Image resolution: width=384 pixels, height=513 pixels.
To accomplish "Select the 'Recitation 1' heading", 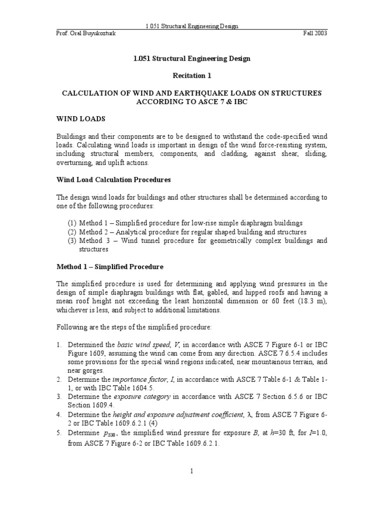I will [x=191, y=76].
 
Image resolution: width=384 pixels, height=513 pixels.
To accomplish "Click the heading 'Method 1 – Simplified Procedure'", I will [x=109, y=267].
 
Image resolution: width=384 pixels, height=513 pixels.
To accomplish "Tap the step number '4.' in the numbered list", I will [x=58, y=414].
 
